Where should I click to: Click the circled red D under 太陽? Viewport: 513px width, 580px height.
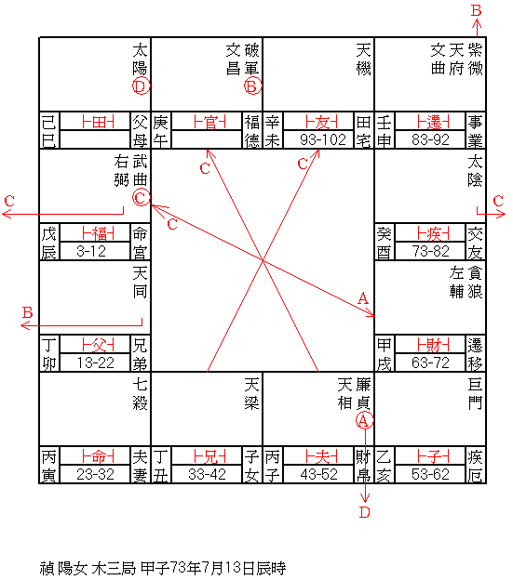pos(142,86)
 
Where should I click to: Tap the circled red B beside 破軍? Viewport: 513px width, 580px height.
pos(252,86)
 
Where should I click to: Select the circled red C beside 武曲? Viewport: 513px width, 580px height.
pos(142,198)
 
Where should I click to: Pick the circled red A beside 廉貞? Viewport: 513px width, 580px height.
pos(364,420)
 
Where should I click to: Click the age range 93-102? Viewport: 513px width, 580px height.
pos(323,139)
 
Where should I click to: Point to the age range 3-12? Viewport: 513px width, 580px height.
pos(91,252)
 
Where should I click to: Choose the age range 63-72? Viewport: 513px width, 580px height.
pos(430,362)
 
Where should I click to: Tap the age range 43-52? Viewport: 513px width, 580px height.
pos(319,475)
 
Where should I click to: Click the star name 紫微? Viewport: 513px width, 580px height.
pos(475,59)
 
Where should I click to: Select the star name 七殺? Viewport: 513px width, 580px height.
pos(141,394)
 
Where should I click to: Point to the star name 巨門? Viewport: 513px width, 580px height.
pos(475,394)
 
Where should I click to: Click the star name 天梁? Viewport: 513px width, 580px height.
pos(252,394)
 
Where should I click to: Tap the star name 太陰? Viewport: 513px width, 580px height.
pos(475,171)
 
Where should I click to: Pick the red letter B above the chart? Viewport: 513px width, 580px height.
pos(477,10)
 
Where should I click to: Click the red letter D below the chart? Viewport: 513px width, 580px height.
pos(365,512)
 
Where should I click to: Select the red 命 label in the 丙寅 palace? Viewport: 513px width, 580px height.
pos(98,457)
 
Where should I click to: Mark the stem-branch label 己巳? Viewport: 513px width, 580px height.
pos(49,130)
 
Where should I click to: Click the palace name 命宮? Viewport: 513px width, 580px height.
pos(140,243)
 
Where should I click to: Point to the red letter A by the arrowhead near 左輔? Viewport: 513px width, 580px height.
pos(363,298)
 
